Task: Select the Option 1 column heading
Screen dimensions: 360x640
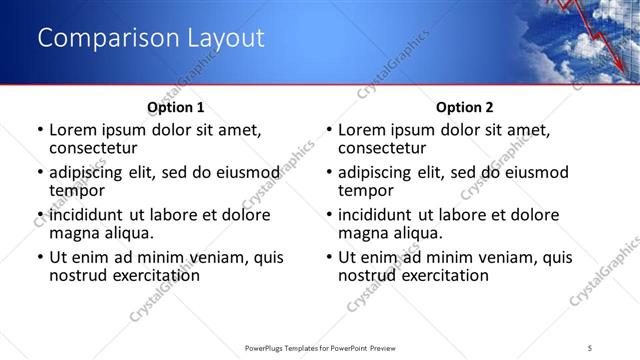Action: pyautogui.click(x=175, y=106)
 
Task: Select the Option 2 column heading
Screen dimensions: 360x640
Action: pyautogui.click(x=465, y=106)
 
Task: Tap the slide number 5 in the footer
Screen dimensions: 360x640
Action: pyautogui.click(x=590, y=348)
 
